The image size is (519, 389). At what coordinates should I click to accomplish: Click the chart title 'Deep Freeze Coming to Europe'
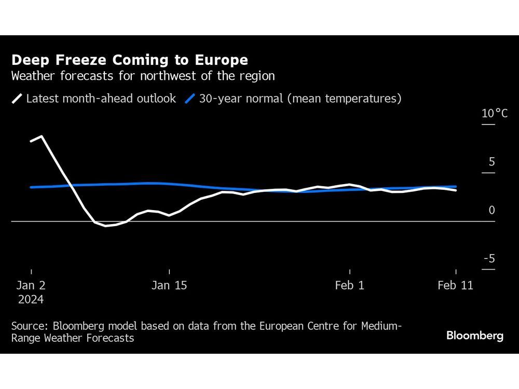point(129,60)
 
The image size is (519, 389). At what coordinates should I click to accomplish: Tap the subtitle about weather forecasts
point(143,76)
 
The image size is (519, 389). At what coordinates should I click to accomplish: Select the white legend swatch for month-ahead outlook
point(17,99)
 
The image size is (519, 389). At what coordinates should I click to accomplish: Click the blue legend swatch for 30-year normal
point(190,99)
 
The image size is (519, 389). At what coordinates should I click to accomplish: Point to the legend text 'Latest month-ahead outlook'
point(101,99)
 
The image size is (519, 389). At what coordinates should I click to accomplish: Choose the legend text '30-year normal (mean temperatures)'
point(300,99)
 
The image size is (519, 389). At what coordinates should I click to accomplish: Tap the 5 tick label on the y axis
point(491,162)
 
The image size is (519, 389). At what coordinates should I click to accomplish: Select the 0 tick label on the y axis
point(491,210)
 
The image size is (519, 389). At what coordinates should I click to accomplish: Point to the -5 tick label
point(489,259)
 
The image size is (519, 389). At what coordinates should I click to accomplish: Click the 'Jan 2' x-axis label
point(31,285)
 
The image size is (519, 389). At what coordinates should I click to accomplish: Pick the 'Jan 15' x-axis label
point(169,285)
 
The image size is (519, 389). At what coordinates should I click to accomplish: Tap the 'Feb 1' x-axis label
point(350,285)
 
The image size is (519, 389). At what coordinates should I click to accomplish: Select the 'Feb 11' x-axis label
point(455,285)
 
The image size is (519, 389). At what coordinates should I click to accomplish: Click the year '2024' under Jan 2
point(31,300)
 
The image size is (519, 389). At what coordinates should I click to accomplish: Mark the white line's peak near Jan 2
point(42,136)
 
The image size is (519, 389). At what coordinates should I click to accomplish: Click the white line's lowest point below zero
point(105,226)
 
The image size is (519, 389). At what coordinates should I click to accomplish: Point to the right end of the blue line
point(456,187)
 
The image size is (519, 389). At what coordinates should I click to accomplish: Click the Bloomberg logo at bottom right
point(474,336)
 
